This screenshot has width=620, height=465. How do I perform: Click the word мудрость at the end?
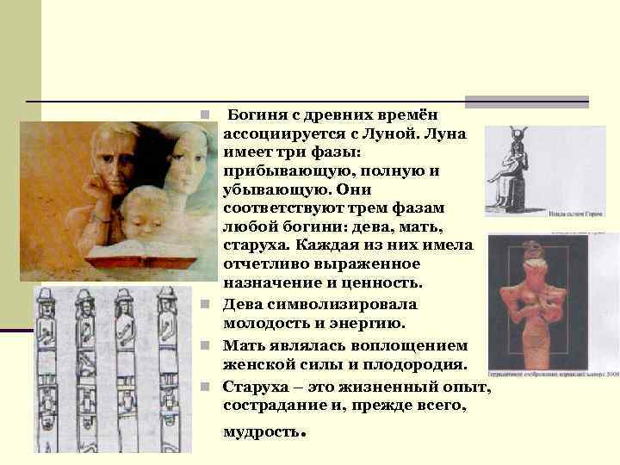click(x=261, y=432)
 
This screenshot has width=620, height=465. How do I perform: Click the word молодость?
click(x=269, y=322)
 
